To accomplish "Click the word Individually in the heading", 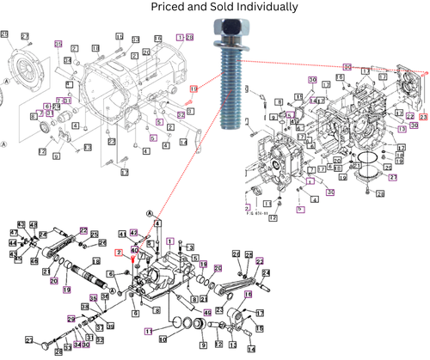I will (261, 8).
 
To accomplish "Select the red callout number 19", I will (193, 88).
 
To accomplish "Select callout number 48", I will (34, 225).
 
